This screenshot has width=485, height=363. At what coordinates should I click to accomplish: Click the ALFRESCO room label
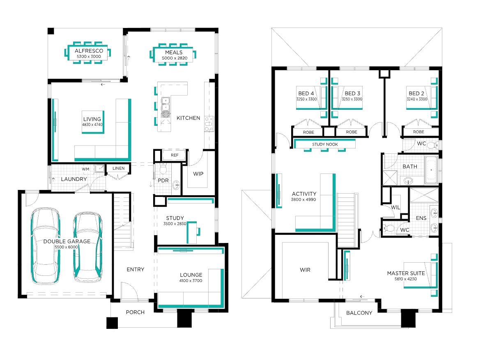89,51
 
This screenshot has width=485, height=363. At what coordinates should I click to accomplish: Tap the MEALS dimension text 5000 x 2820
175,58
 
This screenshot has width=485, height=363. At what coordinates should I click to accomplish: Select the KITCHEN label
188,118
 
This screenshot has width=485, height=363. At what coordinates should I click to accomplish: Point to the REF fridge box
175,155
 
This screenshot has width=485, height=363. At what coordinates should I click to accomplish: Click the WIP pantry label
198,174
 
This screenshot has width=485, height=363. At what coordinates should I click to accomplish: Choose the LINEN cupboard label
118,168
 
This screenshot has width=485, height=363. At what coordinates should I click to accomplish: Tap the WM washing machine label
86,169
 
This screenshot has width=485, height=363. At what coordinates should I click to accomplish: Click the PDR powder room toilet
163,169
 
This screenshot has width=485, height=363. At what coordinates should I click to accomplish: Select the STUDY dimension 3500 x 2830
175,224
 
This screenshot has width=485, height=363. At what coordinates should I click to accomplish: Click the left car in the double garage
46,245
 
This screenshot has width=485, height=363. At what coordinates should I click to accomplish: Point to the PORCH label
135,312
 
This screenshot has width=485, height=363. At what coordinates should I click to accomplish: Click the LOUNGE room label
191,275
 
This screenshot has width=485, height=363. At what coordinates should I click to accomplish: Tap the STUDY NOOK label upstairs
325,144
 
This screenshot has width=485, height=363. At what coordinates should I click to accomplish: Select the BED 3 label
352,93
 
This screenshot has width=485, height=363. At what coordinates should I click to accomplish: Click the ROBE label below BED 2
418,132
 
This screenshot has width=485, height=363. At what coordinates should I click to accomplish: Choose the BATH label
410,166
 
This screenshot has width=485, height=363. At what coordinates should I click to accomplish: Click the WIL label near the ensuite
395,208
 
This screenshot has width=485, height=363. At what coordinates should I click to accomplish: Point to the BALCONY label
359,313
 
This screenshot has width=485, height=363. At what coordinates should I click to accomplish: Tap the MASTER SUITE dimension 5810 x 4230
405,279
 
